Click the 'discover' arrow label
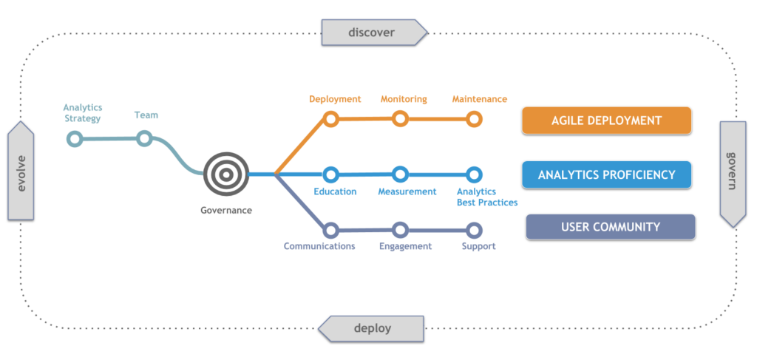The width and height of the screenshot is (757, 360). [x=373, y=32]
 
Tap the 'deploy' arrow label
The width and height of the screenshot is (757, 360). [x=372, y=328]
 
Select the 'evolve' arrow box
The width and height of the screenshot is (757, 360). [x=21, y=171]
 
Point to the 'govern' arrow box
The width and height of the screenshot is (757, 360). [x=733, y=173]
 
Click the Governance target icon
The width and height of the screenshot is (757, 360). [x=226, y=174]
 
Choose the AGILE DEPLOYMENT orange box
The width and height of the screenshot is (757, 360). [x=606, y=120]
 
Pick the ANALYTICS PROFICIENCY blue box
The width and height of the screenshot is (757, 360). [x=606, y=174]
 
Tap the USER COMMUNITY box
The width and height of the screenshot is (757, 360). [x=611, y=227]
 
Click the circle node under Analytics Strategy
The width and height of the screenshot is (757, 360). [x=75, y=138]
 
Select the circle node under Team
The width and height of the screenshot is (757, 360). [x=145, y=138]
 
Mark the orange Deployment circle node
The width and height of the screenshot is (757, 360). [x=331, y=119]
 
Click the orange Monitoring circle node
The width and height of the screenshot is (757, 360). [x=401, y=118]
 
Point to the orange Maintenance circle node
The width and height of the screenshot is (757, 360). [x=475, y=118]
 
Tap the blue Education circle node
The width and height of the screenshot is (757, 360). [x=331, y=174]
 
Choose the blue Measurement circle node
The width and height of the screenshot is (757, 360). [x=401, y=174]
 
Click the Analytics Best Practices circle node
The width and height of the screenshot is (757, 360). [x=475, y=174]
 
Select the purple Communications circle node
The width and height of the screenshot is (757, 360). [x=331, y=230]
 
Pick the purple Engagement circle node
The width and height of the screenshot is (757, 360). [x=401, y=230]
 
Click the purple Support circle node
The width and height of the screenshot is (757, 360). [x=475, y=230]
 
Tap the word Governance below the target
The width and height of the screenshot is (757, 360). [x=226, y=211]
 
